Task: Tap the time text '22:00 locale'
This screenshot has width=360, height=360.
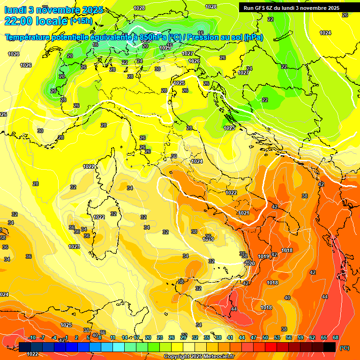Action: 36,21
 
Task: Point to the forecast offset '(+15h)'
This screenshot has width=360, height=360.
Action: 81,21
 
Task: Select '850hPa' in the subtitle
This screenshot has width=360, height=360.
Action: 152,37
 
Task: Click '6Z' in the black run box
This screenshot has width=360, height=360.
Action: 273,8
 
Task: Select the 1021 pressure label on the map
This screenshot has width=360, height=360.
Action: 244,213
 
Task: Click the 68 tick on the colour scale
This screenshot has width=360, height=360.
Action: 336,337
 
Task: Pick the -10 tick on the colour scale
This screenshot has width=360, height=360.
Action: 31,337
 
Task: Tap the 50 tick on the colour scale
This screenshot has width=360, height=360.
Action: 265,337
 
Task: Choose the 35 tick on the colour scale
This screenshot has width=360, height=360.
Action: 207,337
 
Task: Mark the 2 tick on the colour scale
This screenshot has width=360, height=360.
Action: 77,337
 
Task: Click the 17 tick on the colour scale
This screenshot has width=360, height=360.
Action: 136,337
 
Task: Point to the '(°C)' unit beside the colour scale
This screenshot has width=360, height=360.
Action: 345,348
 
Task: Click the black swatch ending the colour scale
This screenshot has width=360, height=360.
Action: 330,347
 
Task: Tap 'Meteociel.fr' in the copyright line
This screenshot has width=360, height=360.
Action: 218,356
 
